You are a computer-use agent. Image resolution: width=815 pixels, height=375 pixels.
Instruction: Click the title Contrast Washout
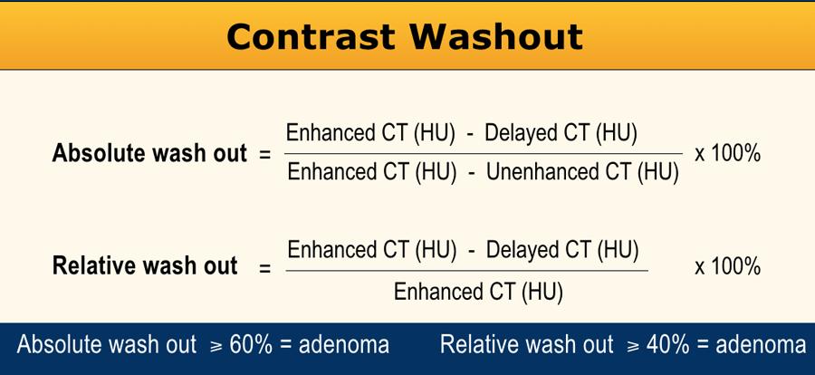click(x=405, y=37)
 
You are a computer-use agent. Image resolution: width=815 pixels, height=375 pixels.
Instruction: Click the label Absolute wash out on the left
click(x=149, y=154)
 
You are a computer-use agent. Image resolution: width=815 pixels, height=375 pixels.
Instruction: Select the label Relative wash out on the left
click(x=145, y=265)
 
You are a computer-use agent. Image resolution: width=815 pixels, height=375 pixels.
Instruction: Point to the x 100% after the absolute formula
click(x=728, y=154)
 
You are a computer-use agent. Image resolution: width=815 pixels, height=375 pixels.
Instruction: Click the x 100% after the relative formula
click(x=728, y=266)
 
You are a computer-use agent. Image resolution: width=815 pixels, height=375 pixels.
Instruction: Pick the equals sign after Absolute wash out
click(x=265, y=156)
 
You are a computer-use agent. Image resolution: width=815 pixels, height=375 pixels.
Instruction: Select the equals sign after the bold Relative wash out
click(x=265, y=268)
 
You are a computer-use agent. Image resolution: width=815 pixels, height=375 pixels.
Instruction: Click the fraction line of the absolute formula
click(x=484, y=153)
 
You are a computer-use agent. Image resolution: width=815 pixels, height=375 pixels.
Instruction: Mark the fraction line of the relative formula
click(x=466, y=271)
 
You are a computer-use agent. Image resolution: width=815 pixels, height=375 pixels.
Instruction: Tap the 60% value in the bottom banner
click(x=251, y=345)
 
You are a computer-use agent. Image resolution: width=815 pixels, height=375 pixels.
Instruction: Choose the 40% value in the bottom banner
click(x=668, y=345)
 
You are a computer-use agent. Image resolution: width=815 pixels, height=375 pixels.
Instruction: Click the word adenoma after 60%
click(x=344, y=345)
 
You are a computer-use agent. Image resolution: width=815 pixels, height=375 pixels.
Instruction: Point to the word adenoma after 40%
click(x=761, y=345)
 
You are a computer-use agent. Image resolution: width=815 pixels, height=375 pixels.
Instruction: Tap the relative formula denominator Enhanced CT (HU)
click(x=478, y=292)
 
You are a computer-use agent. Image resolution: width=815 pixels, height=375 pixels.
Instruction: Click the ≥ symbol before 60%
click(x=216, y=346)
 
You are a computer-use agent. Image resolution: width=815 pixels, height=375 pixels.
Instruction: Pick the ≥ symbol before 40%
click(x=634, y=346)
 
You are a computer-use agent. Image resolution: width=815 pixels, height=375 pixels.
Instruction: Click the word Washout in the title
click(x=496, y=37)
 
